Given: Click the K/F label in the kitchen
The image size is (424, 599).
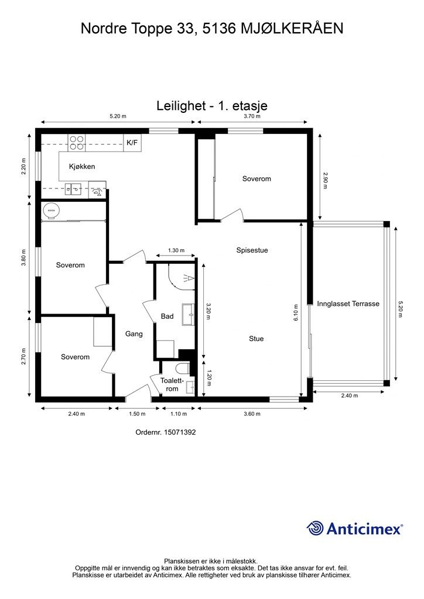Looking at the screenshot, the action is (x=132, y=143).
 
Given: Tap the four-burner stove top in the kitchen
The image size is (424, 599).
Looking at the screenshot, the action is (x=77, y=143).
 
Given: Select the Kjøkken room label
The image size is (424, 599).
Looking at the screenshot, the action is (x=82, y=167).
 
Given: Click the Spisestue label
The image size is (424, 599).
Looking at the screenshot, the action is (x=252, y=250).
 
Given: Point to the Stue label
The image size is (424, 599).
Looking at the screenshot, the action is (x=256, y=339).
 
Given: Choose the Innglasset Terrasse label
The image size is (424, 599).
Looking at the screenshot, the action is (x=348, y=304).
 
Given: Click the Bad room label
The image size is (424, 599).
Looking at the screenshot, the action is (x=167, y=316).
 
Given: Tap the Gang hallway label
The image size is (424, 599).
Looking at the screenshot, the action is (x=134, y=334).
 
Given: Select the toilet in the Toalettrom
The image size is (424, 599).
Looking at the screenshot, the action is (x=183, y=369).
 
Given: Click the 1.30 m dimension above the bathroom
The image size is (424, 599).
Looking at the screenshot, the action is (x=176, y=250).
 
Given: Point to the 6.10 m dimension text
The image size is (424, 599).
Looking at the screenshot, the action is (x=296, y=312).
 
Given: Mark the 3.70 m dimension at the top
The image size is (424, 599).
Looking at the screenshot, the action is (x=252, y=116).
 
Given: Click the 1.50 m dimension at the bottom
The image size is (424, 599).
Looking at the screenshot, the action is (x=137, y=414).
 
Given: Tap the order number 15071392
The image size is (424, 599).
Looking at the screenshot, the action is (x=180, y=432).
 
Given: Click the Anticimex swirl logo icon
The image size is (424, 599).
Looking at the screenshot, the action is (x=315, y=528).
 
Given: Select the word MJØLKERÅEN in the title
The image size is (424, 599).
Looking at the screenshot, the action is (x=292, y=29).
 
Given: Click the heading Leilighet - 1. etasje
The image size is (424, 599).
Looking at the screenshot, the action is (x=212, y=105).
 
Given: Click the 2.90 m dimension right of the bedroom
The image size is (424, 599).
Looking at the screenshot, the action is (x=326, y=180).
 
